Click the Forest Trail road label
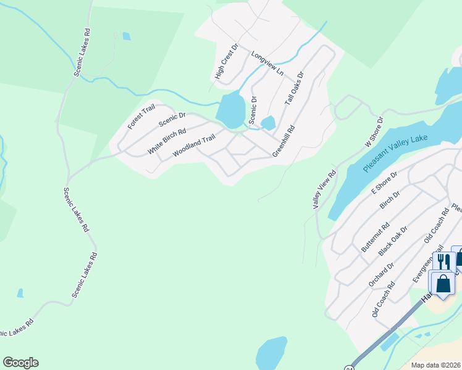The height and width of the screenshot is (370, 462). (x=141, y=117)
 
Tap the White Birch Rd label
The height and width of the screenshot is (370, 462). (x=167, y=142)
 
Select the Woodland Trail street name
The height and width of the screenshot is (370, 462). (x=194, y=146)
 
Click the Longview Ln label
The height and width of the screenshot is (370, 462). (x=267, y=64)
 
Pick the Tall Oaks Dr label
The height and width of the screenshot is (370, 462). (x=294, y=91)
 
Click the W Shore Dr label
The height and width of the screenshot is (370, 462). (x=374, y=132)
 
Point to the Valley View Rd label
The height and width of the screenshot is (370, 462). (x=324, y=189)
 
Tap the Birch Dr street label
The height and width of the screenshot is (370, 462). (x=390, y=202)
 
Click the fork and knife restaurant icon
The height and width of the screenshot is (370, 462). (x=444, y=262)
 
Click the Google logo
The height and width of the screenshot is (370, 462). (x=20, y=363)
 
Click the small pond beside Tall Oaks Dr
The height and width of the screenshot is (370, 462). (x=268, y=123)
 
